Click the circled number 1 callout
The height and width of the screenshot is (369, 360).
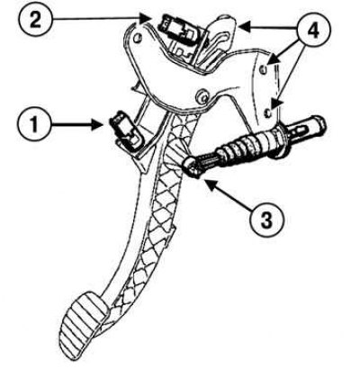(34, 124)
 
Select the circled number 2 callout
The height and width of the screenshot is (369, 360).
(35, 20)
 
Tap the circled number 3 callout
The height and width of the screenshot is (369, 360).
(266, 219)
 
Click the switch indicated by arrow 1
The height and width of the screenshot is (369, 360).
(127, 132)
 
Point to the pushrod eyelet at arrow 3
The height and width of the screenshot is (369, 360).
(192, 169)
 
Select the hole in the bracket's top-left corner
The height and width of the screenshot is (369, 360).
(138, 38)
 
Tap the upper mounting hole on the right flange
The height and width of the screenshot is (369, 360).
(264, 69)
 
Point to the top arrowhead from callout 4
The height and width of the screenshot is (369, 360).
(244, 27)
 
